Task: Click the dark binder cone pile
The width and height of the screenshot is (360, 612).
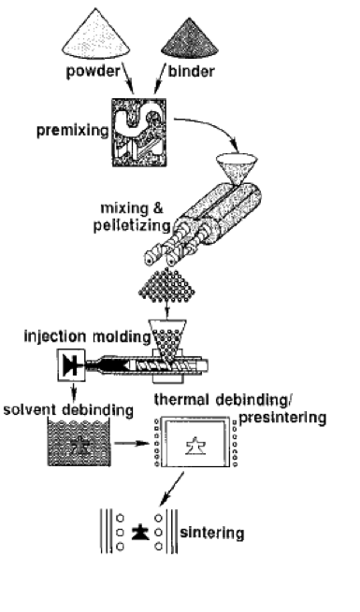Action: point(190,40)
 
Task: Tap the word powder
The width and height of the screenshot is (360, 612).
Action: point(93,72)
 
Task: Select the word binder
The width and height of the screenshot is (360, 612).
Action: point(192,71)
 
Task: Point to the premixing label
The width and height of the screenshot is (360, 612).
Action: point(73,131)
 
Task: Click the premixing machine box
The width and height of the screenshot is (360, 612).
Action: point(139,133)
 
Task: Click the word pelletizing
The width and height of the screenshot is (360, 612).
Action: point(132,225)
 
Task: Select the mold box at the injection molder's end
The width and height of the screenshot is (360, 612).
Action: point(71,365)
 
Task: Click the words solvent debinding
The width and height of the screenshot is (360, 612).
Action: point(68,410)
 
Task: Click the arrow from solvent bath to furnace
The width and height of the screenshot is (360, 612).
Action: point(132,444)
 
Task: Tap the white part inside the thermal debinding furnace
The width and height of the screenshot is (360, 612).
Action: point(194,446)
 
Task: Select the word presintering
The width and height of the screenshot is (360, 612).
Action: point(282,418)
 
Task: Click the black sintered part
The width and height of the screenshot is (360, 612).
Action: point(139,533)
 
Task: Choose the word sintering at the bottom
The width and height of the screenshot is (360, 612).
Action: point(212,533)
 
